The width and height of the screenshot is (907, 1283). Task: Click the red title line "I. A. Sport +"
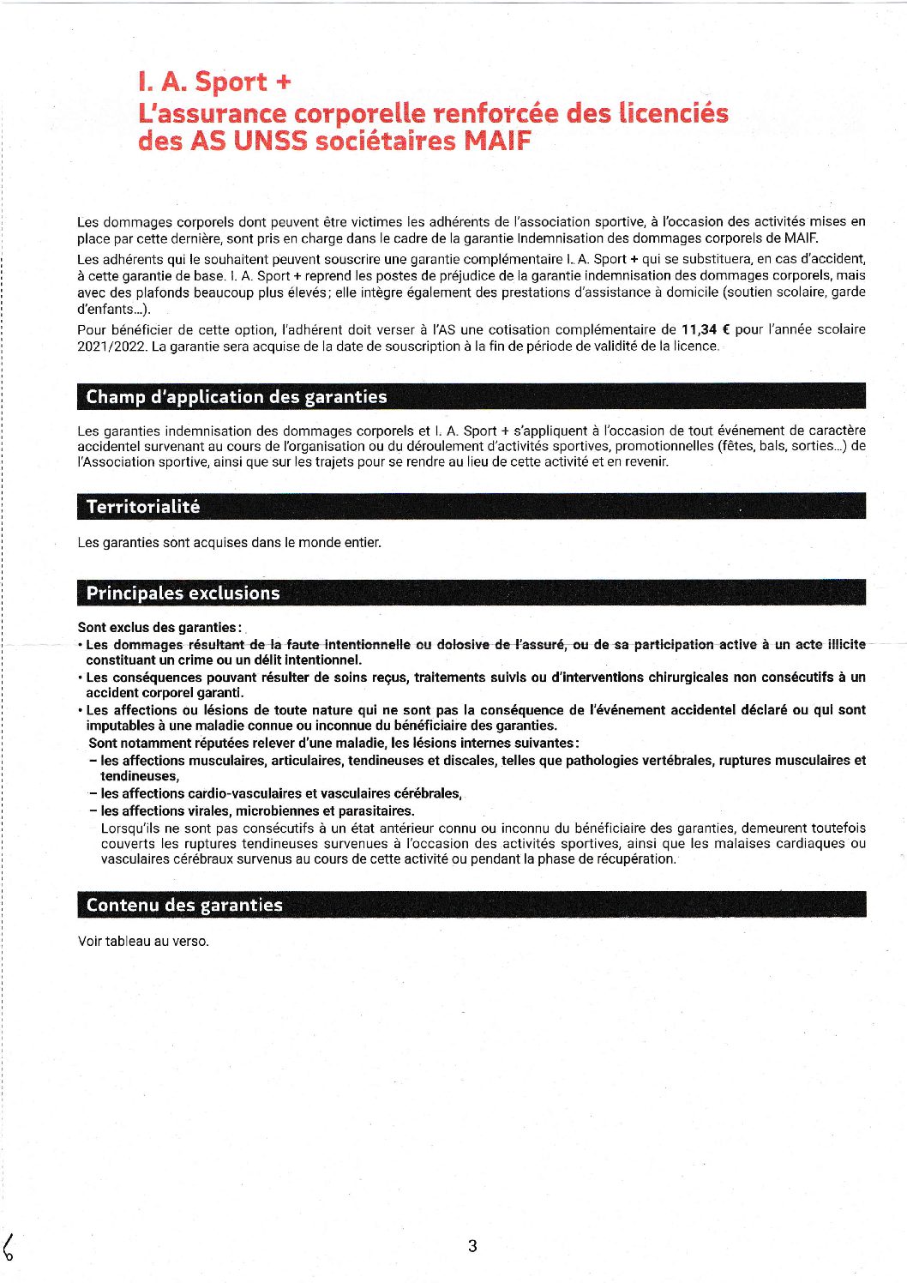point(214,82)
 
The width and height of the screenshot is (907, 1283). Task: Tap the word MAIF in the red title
point(497,141)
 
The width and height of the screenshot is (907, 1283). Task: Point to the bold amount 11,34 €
point(706,329)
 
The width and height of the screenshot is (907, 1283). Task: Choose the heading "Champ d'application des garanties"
point(237,397)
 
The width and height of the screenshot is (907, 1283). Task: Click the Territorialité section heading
point(143,507)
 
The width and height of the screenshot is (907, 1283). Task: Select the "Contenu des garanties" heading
point(184,906)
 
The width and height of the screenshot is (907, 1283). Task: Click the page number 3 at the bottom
point(472,1246)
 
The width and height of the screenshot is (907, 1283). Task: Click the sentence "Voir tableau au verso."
point(143,942)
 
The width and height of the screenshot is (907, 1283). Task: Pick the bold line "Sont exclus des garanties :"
point(159,628)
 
